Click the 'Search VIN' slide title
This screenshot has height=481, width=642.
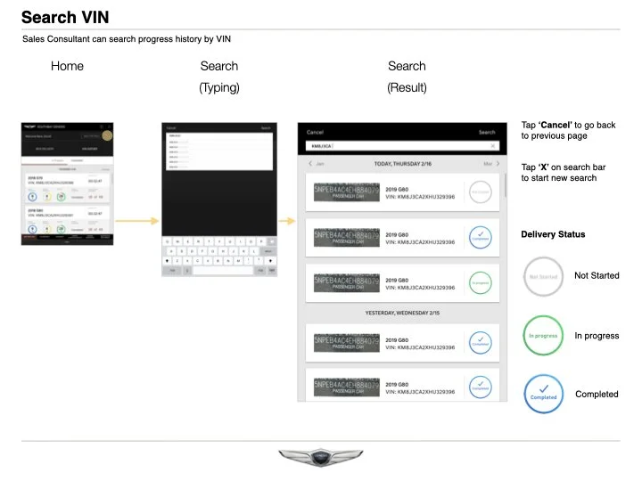coord(65,17)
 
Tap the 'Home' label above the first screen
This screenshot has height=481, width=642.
coord(67,66)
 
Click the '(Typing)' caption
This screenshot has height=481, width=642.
coord(219,87)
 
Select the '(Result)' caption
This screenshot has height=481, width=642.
coord(407,87)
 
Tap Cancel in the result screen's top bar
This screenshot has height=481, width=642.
coord(315,132)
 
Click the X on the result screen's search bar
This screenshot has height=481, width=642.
coord(493,145)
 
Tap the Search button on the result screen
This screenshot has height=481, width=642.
coord(487,132)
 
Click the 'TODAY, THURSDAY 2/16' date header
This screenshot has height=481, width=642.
coord(401,164)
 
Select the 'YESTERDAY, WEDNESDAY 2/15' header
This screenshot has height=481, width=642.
coord(401,314)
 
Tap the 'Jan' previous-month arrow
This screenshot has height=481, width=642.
coord(316,164)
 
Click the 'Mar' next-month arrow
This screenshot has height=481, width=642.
coord(490,164)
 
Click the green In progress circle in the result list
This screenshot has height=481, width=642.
coord(480,283)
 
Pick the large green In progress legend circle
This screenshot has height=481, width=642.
coord(543,336)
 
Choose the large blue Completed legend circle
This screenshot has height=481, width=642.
coord(543,394)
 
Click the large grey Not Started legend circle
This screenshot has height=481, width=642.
coord(543,277)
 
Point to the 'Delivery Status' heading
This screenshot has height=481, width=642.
coord(553,234)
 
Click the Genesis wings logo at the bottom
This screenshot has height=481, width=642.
coord(321,457)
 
